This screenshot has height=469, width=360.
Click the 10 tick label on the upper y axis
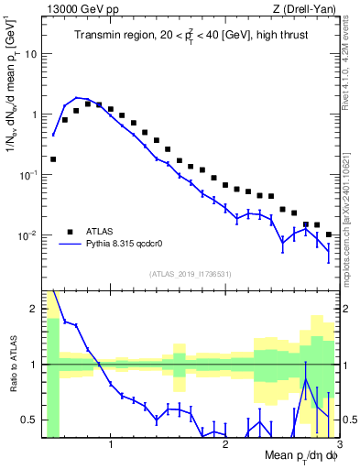(29, 54)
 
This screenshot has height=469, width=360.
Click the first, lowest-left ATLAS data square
(53, 158)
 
